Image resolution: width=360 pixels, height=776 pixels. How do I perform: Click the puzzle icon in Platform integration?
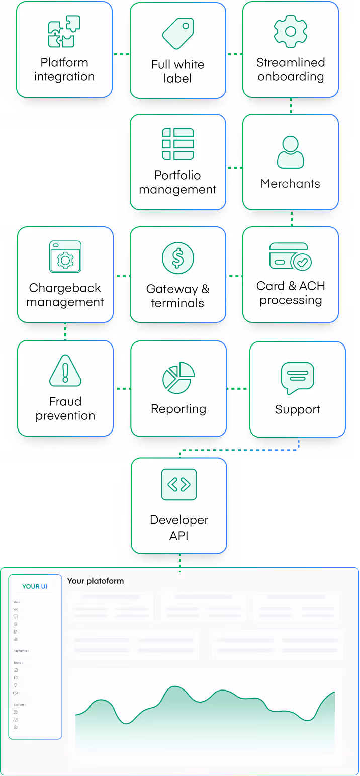tap(64, 32)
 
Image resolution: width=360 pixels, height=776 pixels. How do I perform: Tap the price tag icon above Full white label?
tap(177, 33)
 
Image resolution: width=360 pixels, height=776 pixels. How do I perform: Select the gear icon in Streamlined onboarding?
tap(290, 31)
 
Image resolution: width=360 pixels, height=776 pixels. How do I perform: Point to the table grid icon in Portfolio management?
tap(177, 144)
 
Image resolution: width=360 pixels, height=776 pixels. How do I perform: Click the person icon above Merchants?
tap(291, 152)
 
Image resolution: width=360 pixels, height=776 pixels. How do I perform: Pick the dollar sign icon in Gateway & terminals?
tap(177, 258)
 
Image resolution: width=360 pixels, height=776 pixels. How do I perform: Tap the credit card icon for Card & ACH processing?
tap(291, 256)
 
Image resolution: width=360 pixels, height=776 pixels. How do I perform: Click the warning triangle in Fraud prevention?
tap(65, 371)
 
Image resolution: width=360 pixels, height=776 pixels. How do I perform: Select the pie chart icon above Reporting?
tap(178, 378)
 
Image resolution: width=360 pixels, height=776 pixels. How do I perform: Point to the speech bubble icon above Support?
tap(297, 378)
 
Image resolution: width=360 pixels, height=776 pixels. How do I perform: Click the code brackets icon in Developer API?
tap(178, 484)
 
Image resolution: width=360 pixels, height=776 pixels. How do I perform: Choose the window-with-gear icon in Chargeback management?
tap(65, 256)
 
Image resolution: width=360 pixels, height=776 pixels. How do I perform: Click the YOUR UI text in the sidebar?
tap(35, 586)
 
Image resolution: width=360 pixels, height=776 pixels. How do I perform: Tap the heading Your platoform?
tap(96, 581)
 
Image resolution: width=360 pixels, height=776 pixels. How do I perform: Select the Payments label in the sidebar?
tap(20, 651)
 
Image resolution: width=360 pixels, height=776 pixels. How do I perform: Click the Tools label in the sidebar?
tap(18, 663)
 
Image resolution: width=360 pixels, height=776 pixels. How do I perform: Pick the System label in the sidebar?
tap(19, 705)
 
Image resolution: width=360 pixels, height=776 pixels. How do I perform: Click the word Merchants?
tap(290, 184)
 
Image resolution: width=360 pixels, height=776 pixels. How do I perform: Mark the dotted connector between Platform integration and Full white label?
tap(121, 53)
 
